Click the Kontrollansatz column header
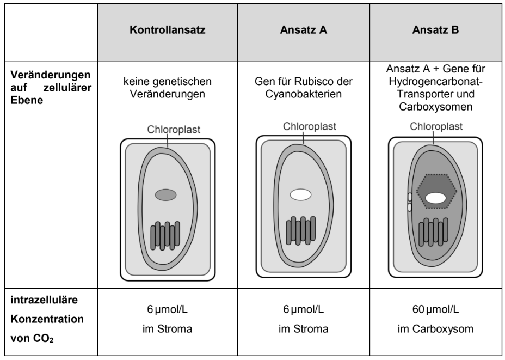pos(167,32)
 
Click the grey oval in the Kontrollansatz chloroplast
pos(166,195)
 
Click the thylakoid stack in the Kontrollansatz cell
pos(165,235)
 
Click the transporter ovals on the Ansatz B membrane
pos(408,202)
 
